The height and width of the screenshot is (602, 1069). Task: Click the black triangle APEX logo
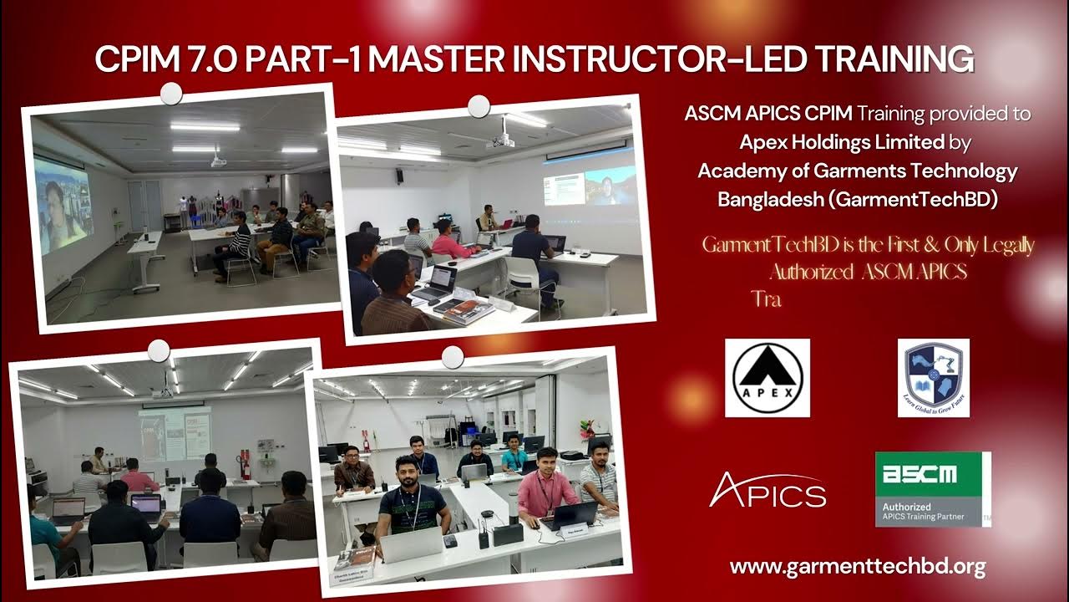pyautogui.click(x=767, y=377)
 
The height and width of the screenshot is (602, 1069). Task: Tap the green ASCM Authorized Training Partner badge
pyautogui.click(x=932, y=489)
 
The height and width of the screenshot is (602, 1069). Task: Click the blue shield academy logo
pyautogui.click(x=933, y=377)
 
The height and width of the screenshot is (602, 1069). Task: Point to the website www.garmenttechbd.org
pyautogui.click(x=858, y=567)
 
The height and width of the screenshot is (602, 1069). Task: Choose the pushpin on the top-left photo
pyautogui.click(x=171, y=94)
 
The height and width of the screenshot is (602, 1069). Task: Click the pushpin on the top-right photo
pyautogui.click(x=479, y=106)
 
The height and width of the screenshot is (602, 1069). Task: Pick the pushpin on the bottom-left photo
pyautogui.click(x=158, y=350)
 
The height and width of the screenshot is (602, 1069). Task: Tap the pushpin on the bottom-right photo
pyautogui.click(x=452, y=358)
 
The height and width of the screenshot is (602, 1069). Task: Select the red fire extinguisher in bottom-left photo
pyautogui.click(x=246, y=464)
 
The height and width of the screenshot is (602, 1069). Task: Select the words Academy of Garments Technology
pyautogui.click(x=858, y=171)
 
